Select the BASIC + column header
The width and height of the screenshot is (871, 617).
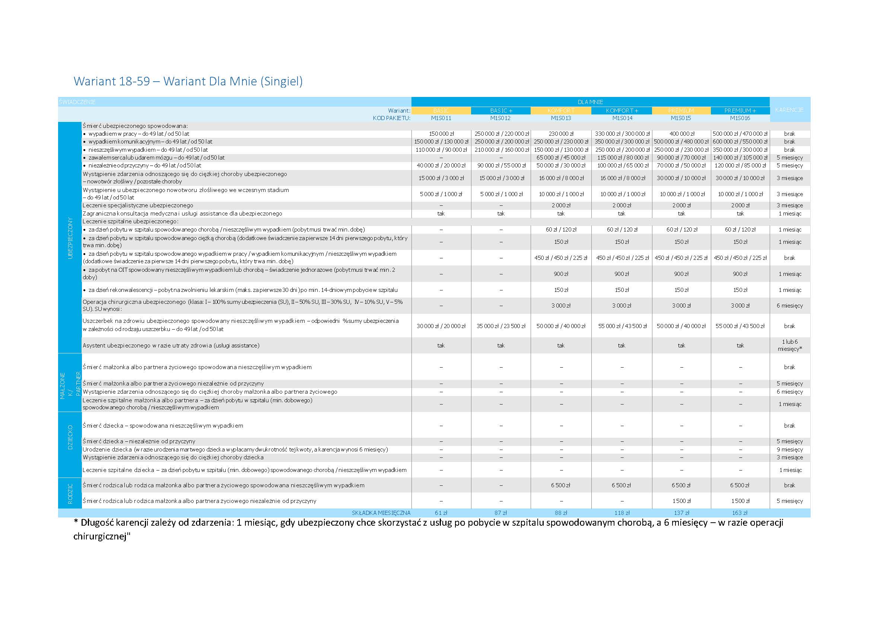click(x=501, y=111)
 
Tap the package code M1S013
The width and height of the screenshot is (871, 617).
click(x=560, y=118)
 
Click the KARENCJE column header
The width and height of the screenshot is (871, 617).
click(x=789, y=110)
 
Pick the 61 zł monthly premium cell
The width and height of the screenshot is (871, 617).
click(x=441, y=513)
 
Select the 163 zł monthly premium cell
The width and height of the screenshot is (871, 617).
click(x=740, y=513)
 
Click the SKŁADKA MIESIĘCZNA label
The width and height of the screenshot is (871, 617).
click(x=381, y=513)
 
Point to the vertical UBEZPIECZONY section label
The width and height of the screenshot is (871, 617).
click(x=70, y=238)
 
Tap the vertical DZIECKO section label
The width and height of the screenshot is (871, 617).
click(x=70, y=437)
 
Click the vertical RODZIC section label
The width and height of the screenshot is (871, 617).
click(x=70, y=494)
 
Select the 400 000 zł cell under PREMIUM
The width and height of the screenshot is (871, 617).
click(x=681, y=134)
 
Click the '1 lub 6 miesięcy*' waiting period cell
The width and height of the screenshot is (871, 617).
click(x=789, y=345)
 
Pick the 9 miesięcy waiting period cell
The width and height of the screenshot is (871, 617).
click(x=789, y=450)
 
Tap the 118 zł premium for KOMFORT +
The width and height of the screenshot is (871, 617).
click(x=622, y=513)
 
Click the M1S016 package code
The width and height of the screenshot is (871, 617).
click(x=740, y=118)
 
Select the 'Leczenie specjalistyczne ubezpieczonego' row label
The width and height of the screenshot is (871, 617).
click(x=138, y=205)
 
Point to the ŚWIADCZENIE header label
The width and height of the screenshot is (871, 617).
click(x=77, y=102)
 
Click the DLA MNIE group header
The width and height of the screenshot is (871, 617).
click(x=590, y=102)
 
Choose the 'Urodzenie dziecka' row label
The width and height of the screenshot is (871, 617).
click(x=235, y=450)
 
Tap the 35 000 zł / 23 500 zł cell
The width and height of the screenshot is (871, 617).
click(x=501, y=326)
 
